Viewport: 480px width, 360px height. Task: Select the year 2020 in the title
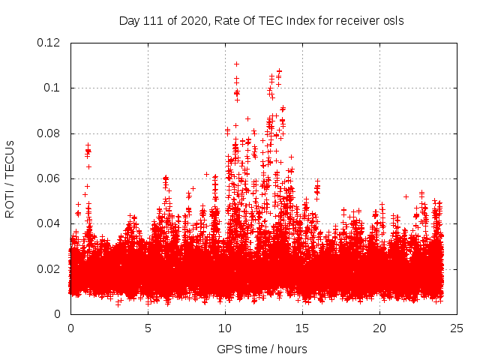click(192, 20)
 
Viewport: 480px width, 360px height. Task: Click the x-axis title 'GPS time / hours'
click(262, 349)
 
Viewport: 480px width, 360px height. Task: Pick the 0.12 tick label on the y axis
click(49, 43)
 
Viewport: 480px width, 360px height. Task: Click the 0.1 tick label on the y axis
click(52, 88)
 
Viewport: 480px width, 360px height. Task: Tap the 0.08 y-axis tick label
click(49, 133)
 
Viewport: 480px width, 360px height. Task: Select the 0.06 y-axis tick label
click(49, 178)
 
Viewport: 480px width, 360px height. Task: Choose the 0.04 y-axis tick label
click(49, 223)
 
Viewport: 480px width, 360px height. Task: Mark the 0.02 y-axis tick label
click(49, 268)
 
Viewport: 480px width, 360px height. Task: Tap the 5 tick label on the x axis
click(148, 328)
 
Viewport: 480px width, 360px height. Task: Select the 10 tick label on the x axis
click(225, 328)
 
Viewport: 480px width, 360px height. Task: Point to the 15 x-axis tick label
click(302, 328)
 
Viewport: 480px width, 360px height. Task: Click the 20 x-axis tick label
click(379, 328)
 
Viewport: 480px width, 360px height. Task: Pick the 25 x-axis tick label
click(457, 328)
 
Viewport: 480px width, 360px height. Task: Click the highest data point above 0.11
click(236, 64)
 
